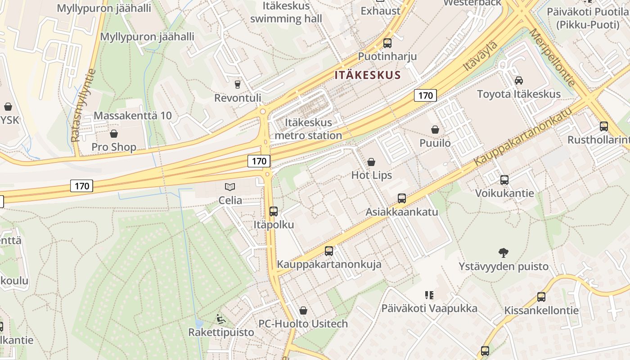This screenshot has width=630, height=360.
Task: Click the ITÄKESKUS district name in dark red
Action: (x=367, y=75)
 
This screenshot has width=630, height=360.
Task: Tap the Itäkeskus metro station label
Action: (x=308, y=129)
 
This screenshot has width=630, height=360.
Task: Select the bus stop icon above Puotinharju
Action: (x=387, y=43)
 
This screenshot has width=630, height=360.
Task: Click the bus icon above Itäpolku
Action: (x=273, y=211)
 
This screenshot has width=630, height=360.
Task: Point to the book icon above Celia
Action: (x=230, y=187)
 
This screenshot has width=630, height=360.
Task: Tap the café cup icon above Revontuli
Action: (x=237, y=84)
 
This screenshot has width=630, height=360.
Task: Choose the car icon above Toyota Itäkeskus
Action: (x=518, y=81)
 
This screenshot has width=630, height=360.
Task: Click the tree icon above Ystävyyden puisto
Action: (x=504, y=253)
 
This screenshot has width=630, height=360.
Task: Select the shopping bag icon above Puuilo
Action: (x=435, y=130)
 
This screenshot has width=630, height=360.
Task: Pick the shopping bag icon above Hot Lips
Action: (x=371, y=162)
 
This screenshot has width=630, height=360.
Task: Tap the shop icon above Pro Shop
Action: (x=114, y=134)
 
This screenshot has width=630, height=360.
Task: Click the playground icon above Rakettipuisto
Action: (x=220, y=319)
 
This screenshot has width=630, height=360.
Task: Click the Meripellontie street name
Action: (x=552, y=57)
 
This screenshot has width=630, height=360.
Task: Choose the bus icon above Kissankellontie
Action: (x=541, y=297)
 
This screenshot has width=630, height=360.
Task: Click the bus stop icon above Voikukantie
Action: (x=504, y=180)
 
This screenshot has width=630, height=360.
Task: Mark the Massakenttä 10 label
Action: (x=133, y=116)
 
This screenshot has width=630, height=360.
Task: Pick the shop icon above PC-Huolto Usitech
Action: (x=303, y=310)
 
